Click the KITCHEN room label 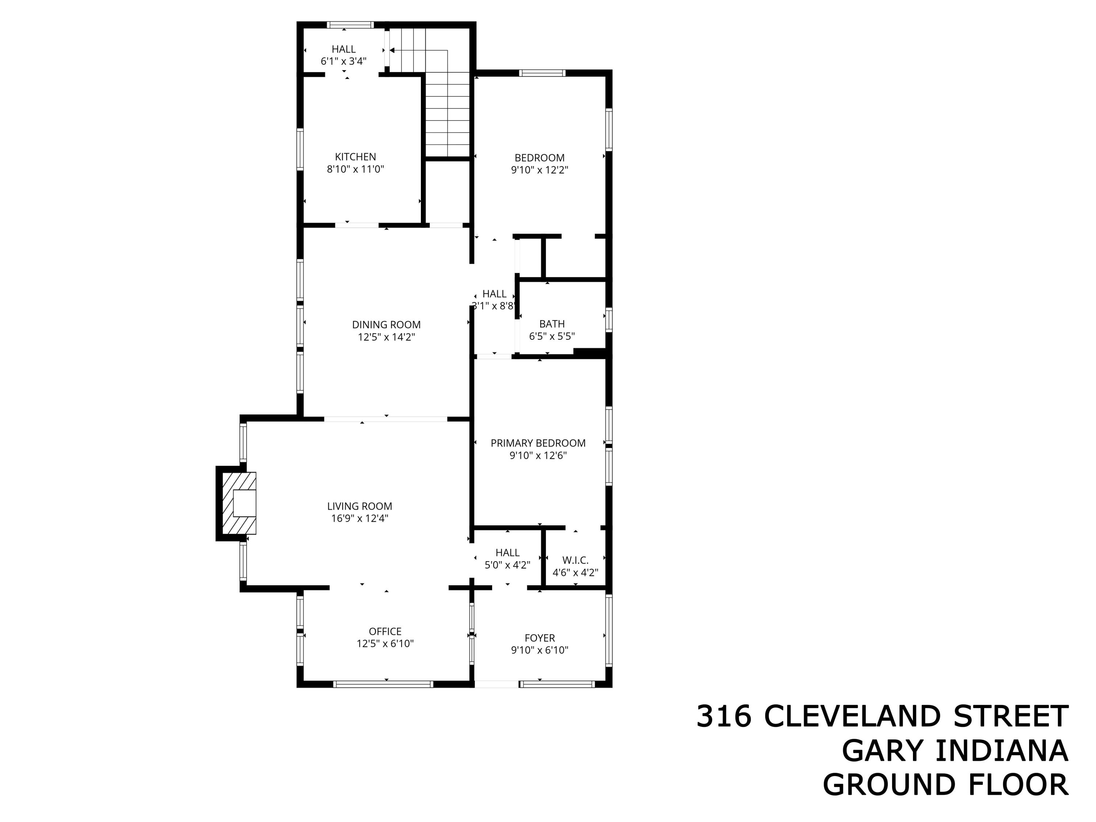coord(355,157)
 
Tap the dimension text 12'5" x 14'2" coord(386,337)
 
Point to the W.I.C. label coord(575,560)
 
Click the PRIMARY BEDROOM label coord(538,443)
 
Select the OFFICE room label coord(385,631)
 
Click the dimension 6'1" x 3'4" coord(343,61)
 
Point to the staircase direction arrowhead coord(392,50)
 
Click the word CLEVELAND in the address coord(852,716)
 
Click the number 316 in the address coord(723,716)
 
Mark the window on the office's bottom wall coord(383,684)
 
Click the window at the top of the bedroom coord(542,73)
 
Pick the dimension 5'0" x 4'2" coord(507,565)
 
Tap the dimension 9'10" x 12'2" coord(539,170)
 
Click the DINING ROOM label coord(386,324)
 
